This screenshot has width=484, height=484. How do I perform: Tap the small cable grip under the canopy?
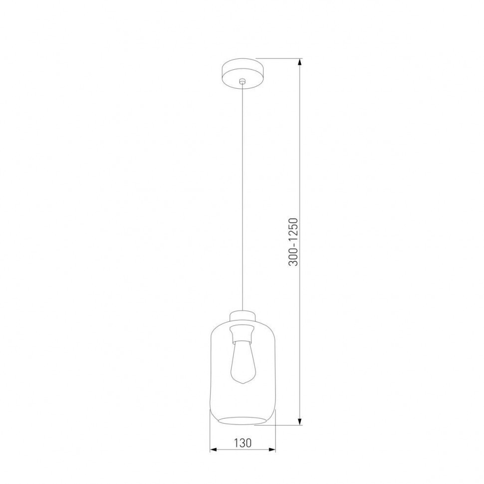click(242, 81)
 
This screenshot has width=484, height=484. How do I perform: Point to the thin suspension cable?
click(242, 200)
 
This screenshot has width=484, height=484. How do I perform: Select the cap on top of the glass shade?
click(242, 316)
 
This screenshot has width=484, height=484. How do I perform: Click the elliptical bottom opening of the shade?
click(242, 418)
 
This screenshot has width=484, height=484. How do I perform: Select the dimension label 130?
click(242, 443)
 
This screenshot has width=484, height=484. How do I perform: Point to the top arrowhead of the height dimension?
click(300, 62)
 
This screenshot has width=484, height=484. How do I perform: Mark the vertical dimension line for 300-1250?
click(300, 150)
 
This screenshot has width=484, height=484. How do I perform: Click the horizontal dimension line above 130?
click(242, 450)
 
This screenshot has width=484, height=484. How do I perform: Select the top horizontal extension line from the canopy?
click(279, 59)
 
